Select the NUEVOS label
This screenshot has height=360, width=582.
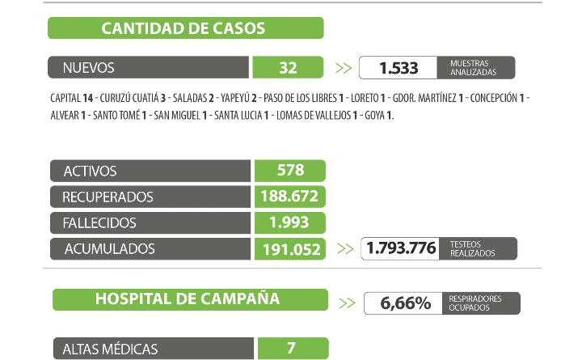(x=89, y=68)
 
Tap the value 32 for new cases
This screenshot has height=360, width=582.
(x=288, y=68)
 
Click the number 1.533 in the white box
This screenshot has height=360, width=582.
(x=399, y=68)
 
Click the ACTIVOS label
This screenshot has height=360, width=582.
(x=90, y=171)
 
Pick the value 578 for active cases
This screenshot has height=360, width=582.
(x=289, y=171)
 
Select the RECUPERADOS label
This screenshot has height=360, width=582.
(x=108, y=197)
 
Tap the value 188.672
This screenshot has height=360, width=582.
(x=290, y=197)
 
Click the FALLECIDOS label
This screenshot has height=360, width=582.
(x=100, y=222)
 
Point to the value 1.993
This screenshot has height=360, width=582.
(x=290, y=222)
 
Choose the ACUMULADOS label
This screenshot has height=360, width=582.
(x=108, y=248)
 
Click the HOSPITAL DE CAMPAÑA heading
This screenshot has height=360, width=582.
(x=188, y=299)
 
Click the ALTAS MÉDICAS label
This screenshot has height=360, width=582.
(x=110, y=349)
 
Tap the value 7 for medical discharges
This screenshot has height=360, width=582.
(x=290, y=349)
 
